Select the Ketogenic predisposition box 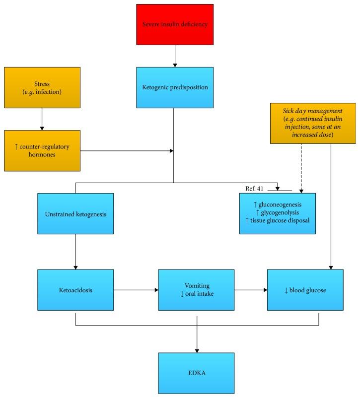(175, 87)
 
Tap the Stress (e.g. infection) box (42, 87)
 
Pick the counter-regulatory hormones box (42, 150)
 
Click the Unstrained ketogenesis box (75, 213)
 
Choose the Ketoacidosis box (75, 290)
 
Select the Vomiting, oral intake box (196, 290)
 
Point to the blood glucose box (305, 290)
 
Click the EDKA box (196, 373)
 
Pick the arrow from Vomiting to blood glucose (251, 290)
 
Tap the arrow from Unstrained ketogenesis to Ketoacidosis (75, 252)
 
